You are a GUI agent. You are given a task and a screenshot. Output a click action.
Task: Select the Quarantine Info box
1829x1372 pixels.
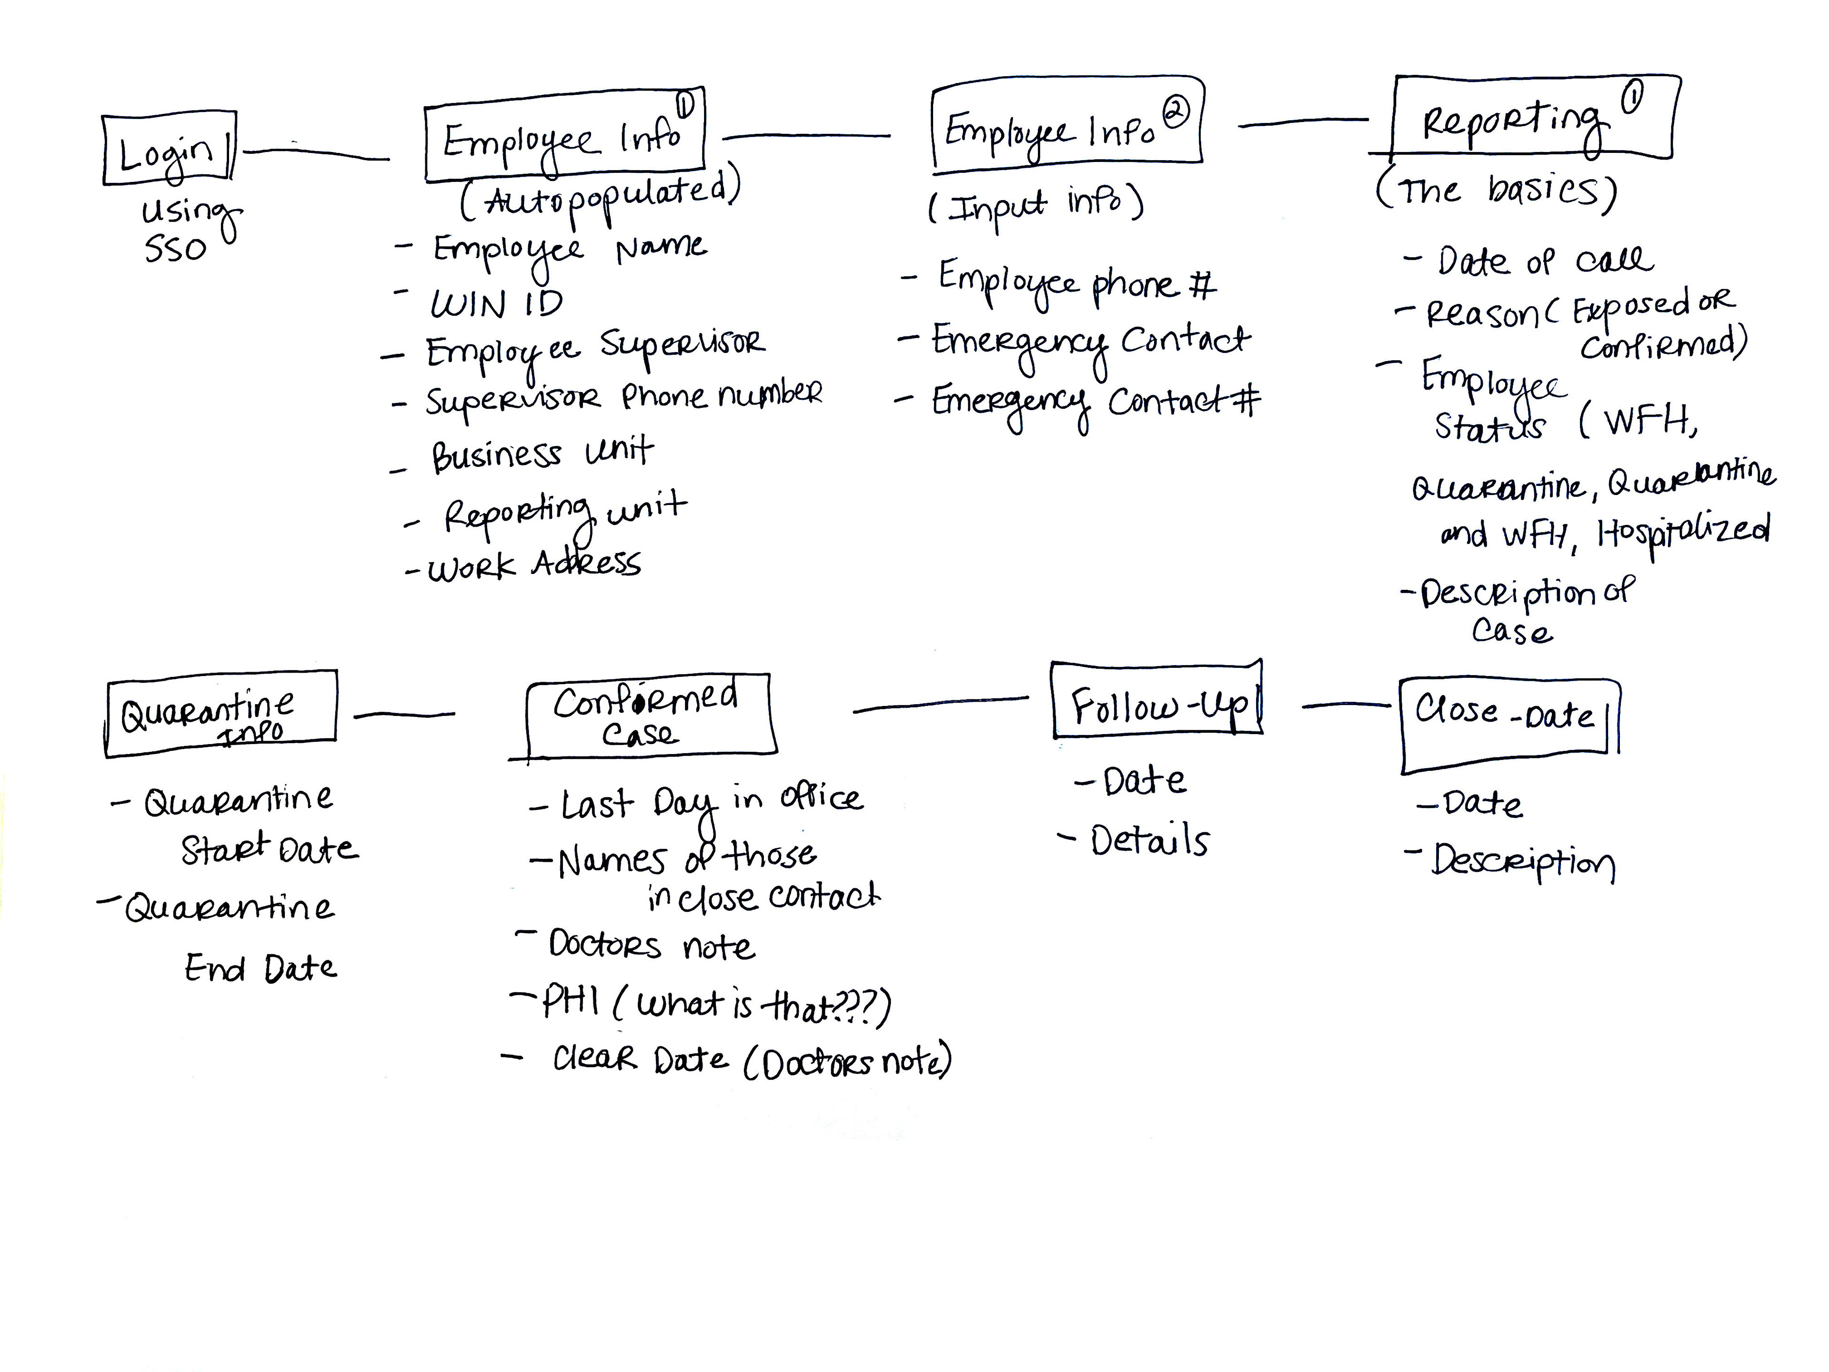[221, 713]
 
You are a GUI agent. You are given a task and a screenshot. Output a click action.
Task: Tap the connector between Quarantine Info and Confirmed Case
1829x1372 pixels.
[404, 715]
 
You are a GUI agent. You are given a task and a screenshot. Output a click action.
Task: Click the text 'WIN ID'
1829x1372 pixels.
[497, 304]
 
